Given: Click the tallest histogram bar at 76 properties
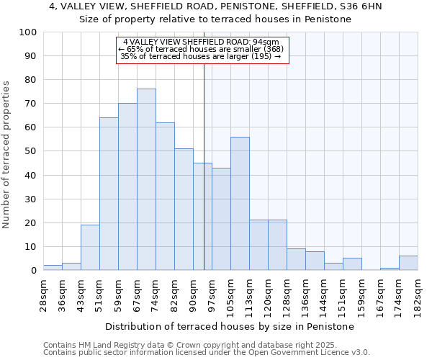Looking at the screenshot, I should coord(146,179).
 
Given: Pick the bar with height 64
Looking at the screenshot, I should coord(109,194).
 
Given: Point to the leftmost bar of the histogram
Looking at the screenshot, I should coord(53,268).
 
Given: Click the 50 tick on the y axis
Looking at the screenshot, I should coord(31,151).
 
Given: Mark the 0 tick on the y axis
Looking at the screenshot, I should coord(34,271).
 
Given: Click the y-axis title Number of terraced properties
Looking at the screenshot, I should coord(7,154).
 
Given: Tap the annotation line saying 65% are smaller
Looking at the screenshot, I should coord(202,49).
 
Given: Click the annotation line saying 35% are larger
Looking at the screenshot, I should coord(202,56).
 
